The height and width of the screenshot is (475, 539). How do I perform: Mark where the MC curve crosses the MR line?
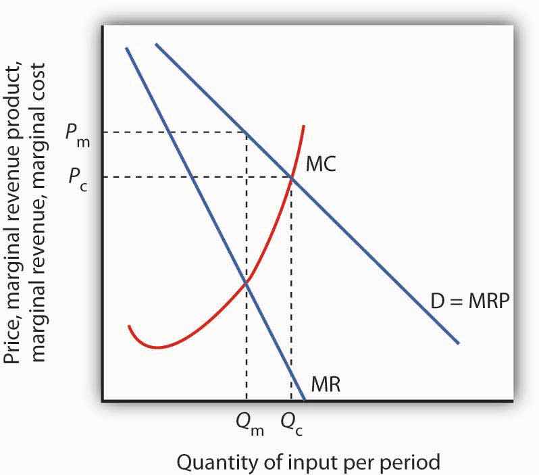click(x=247, y=283)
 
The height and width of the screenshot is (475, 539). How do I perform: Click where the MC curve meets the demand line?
click(x=292, y=177)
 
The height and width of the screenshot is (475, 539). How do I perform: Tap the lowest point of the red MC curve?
click(x=157, y=347)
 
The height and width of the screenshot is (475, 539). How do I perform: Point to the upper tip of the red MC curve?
click(x=305, y=126)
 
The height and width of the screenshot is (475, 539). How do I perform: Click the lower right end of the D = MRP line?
click(x=459, y=343)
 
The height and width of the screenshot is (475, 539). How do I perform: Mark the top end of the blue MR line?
click(x=126, y=48)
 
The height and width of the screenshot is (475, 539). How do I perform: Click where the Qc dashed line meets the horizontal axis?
click(x=292, y=401)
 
